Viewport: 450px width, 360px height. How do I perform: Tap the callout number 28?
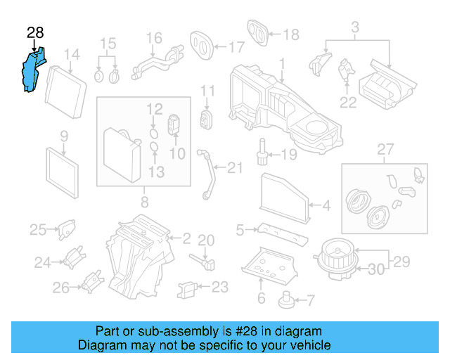point(35,32)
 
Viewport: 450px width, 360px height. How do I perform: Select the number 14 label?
point(72,55)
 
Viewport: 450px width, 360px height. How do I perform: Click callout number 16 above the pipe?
point(153,37)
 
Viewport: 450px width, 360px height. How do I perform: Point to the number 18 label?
point(290,34)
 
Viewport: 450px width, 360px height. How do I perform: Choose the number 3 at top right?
point(355,27)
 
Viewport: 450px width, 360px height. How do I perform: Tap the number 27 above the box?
point(384,149)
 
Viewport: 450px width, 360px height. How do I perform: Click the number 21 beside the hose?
point(234,167)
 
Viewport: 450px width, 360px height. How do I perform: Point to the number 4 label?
point(326,206)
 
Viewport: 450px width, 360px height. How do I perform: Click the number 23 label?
point(220,287)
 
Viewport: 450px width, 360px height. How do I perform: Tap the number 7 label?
point(310,300)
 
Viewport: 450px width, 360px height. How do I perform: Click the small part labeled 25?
point(66,229)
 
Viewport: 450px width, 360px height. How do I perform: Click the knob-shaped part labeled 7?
point(286,300)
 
